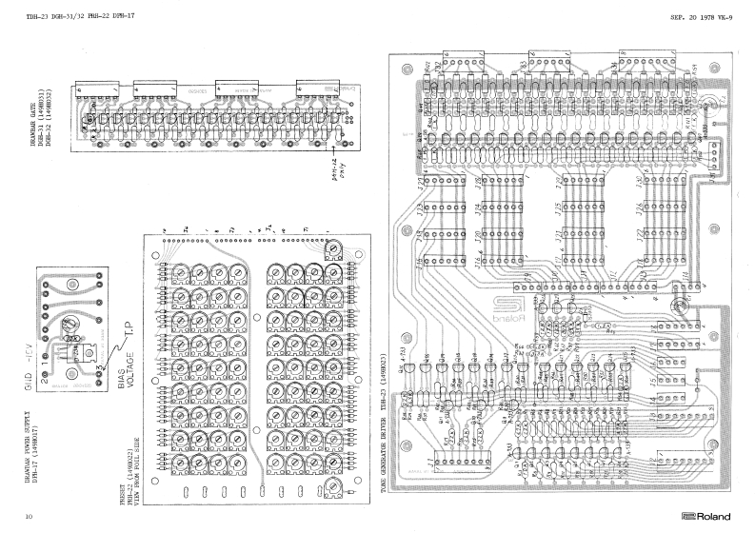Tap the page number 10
click(x=30, y=516)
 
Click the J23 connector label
click(x=422, y=184)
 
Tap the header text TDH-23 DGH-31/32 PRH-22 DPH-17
click(x=66, y=16)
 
